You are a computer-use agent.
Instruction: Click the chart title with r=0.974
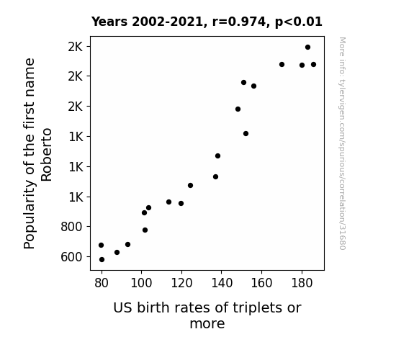(x=207, y=22)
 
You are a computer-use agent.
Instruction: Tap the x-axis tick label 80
(x=102, y=284)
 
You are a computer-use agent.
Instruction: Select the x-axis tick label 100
(x=142, y=284)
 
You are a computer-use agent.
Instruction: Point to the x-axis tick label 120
(x=181, y=284)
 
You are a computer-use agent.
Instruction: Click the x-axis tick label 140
(x=222, y=284)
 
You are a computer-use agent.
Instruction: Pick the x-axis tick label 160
(x=261, y=284)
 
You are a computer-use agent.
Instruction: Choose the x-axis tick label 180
(x=302, y=284)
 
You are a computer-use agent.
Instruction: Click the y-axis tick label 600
(x=71, y=257)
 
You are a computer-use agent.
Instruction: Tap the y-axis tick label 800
(x=71, y=227)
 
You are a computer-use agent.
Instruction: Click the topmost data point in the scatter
(x=307, y=48)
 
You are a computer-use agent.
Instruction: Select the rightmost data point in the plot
(x=313, y=65)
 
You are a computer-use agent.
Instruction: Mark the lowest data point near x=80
(x=102, y=260)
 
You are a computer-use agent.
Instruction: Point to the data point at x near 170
(x=282, y=65)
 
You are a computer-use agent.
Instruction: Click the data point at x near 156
(x=253, y=86)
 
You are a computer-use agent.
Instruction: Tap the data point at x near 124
(x=190, y=186)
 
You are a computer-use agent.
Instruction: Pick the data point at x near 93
(x=127, y=245)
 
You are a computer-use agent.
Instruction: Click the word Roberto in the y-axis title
(x=46, y=155)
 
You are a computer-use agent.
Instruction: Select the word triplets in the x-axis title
(x=254, y=307)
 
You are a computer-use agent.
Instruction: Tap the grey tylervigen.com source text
(x=342, y=143)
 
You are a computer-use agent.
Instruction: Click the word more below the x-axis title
(x=207, y=324)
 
